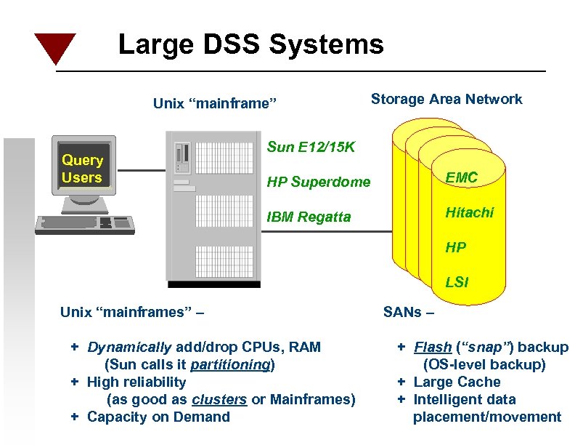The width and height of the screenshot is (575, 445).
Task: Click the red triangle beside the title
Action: tap(55, 47)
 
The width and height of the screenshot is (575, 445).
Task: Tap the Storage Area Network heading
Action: tap(446, 100)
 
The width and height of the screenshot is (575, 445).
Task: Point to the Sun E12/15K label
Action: tap(311, 148)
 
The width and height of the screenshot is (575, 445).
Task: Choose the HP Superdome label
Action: tap(318, 182)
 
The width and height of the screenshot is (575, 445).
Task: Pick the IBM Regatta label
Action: tap(309, 217)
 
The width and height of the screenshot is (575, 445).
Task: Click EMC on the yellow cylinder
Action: tap(462, 177)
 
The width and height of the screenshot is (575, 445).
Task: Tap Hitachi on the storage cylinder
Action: tap(469, 212)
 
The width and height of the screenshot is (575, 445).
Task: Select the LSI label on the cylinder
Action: tap(457, 282)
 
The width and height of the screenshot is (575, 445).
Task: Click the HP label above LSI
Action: tap(456, 247)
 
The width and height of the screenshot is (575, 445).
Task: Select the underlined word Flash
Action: tap(428, 347)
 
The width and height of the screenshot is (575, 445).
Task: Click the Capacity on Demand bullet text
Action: tap(158, 417)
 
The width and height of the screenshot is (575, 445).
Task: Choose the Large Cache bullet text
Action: tap(457, 382)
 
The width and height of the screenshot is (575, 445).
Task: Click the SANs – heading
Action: tap(409, 313)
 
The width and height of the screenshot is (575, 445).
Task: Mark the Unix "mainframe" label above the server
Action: tap(216, 103)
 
